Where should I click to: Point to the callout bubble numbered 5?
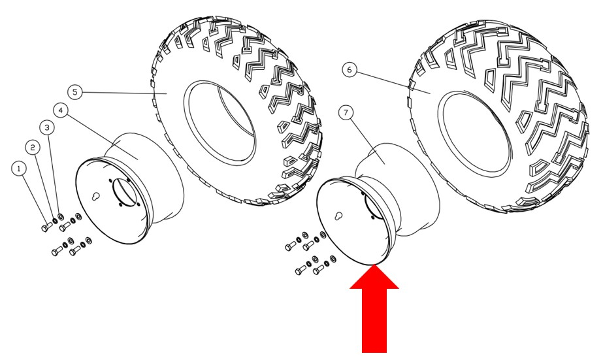[x=76, y=92]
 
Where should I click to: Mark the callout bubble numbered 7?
[x=346, y=114]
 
